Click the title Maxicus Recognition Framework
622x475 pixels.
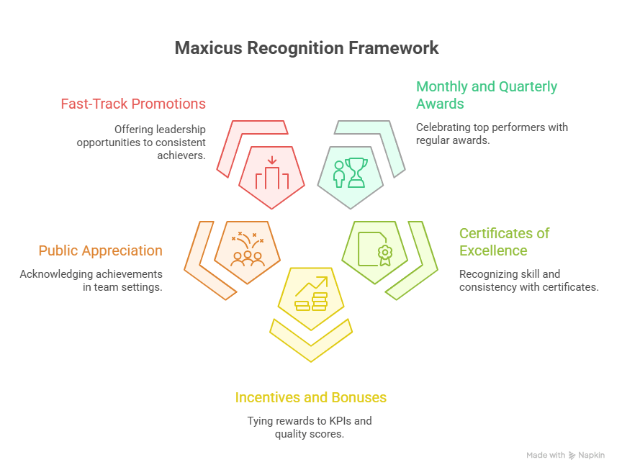[307, 49]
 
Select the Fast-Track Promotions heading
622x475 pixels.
[133, 104]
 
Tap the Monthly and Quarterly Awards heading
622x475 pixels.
[487, 95]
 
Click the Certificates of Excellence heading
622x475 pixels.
[504, 242]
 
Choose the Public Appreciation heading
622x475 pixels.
[100, 250]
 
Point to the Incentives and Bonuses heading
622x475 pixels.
[311, 397]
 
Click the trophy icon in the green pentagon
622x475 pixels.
[350, 173]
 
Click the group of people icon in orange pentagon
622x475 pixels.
[248, 249]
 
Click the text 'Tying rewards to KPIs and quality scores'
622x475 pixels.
[311, 427]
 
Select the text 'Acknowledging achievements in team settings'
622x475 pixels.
[91, 281]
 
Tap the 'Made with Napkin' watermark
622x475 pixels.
[565, 456]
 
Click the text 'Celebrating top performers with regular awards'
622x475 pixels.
[492, 134]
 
